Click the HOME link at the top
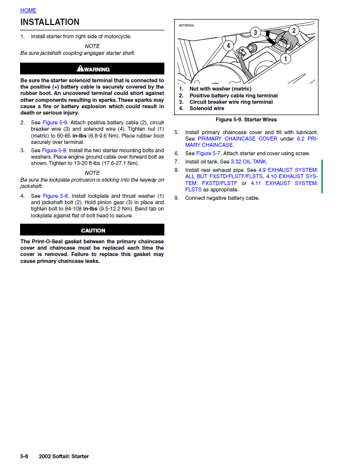click(x=28, y=10)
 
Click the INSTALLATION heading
click(x=49, y=22)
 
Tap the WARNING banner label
click(x=96, y=70)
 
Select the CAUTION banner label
click(x=93, y=231)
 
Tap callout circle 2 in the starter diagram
click(x=293, y=30)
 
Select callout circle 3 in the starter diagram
click(x=255, y=33)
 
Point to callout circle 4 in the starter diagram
click(x=228, y=46)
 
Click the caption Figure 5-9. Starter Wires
click(x=246, y=119)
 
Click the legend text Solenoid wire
click(x=207, y=108)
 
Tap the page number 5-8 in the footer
click(x=24, y=456)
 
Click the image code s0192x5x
click(x=186, y=24)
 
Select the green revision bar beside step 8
click(x=321, y=176)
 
